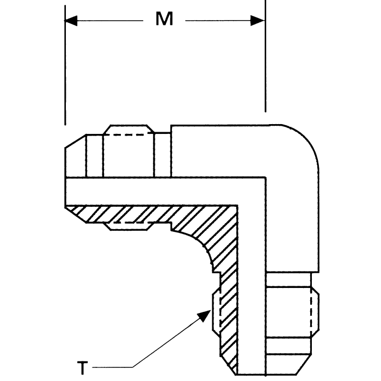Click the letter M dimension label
164,20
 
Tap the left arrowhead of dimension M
71,21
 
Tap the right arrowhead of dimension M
258,21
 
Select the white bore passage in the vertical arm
253,283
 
